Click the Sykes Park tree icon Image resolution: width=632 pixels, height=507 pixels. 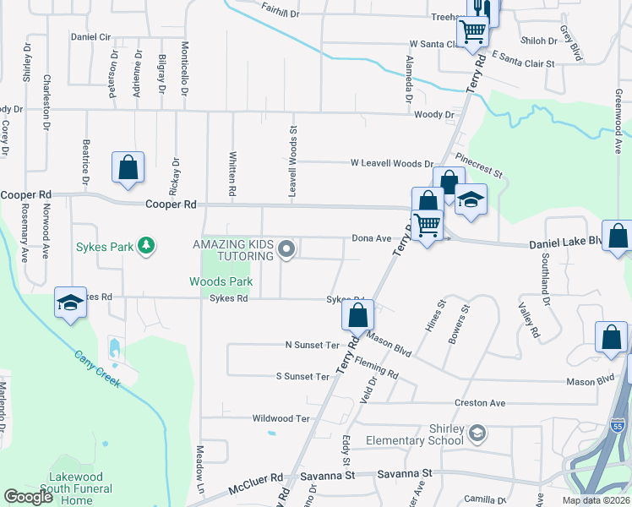coord(147,246)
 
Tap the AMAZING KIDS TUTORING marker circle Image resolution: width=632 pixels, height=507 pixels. coord(286,249)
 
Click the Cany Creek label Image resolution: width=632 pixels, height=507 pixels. coord(96,369)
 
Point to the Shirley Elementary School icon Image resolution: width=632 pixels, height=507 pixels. coord(477,433)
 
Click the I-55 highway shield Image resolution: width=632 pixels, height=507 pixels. coord(618,428)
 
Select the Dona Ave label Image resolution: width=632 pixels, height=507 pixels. coord(372,239)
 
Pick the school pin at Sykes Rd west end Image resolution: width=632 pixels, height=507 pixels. coord(70,303)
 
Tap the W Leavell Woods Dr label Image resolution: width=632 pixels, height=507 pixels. coord(392,164)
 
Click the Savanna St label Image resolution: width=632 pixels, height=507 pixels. coord(404,475)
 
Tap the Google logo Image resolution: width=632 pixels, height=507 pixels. coord(28,497)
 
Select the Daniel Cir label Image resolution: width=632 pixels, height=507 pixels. coord(91,37)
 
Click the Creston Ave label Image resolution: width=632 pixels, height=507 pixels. coord(479,403)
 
